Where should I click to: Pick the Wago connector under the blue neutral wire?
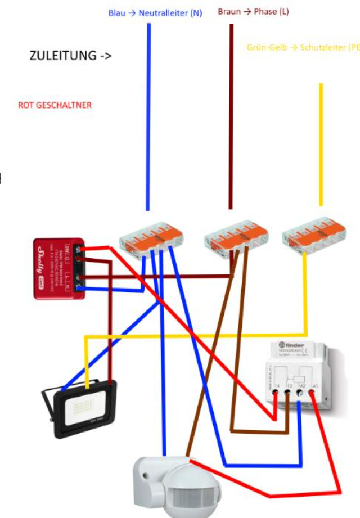click(x=151, y=236)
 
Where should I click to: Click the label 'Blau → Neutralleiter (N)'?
click(x=155, y=13)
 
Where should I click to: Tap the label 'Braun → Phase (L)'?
click(x=253, y=11)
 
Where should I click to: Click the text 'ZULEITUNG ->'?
click(x=71, y=56)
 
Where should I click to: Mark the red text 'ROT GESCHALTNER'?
click(x=55, y=105)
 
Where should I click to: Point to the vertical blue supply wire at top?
click(x=149, y=112)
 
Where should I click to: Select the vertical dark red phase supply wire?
click(x=231, y=112)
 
